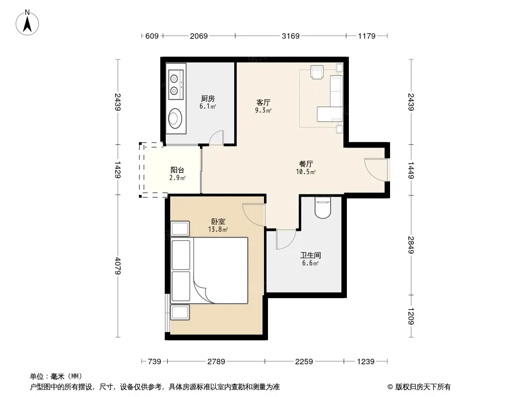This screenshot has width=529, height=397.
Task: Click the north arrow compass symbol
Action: (27, 23)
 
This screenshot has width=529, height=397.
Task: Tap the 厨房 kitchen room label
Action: (207, 98)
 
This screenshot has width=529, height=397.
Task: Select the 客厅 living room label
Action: (263, 103)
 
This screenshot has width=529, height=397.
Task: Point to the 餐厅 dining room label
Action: (306, 164)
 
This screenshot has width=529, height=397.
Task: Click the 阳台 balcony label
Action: (177, 170)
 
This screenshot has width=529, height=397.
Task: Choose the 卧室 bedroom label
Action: (218, 222)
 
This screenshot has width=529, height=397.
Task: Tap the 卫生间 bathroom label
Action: (310, 256)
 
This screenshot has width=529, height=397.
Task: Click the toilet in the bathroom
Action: (323, 207)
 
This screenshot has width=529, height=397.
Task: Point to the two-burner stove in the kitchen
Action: (176, 85)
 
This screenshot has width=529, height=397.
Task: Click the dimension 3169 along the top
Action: (290, 36)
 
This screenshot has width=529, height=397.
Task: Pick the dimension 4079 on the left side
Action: (118, 266)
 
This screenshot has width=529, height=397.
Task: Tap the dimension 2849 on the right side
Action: (411, 245)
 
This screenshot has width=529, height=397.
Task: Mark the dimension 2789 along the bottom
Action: (216, 362)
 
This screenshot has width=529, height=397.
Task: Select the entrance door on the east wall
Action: (376, 169)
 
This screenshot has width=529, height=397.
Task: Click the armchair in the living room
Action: (317, 72)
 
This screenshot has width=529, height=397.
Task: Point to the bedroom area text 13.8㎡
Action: (218, 230)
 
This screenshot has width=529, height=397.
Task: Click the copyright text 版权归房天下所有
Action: (423, 387)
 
